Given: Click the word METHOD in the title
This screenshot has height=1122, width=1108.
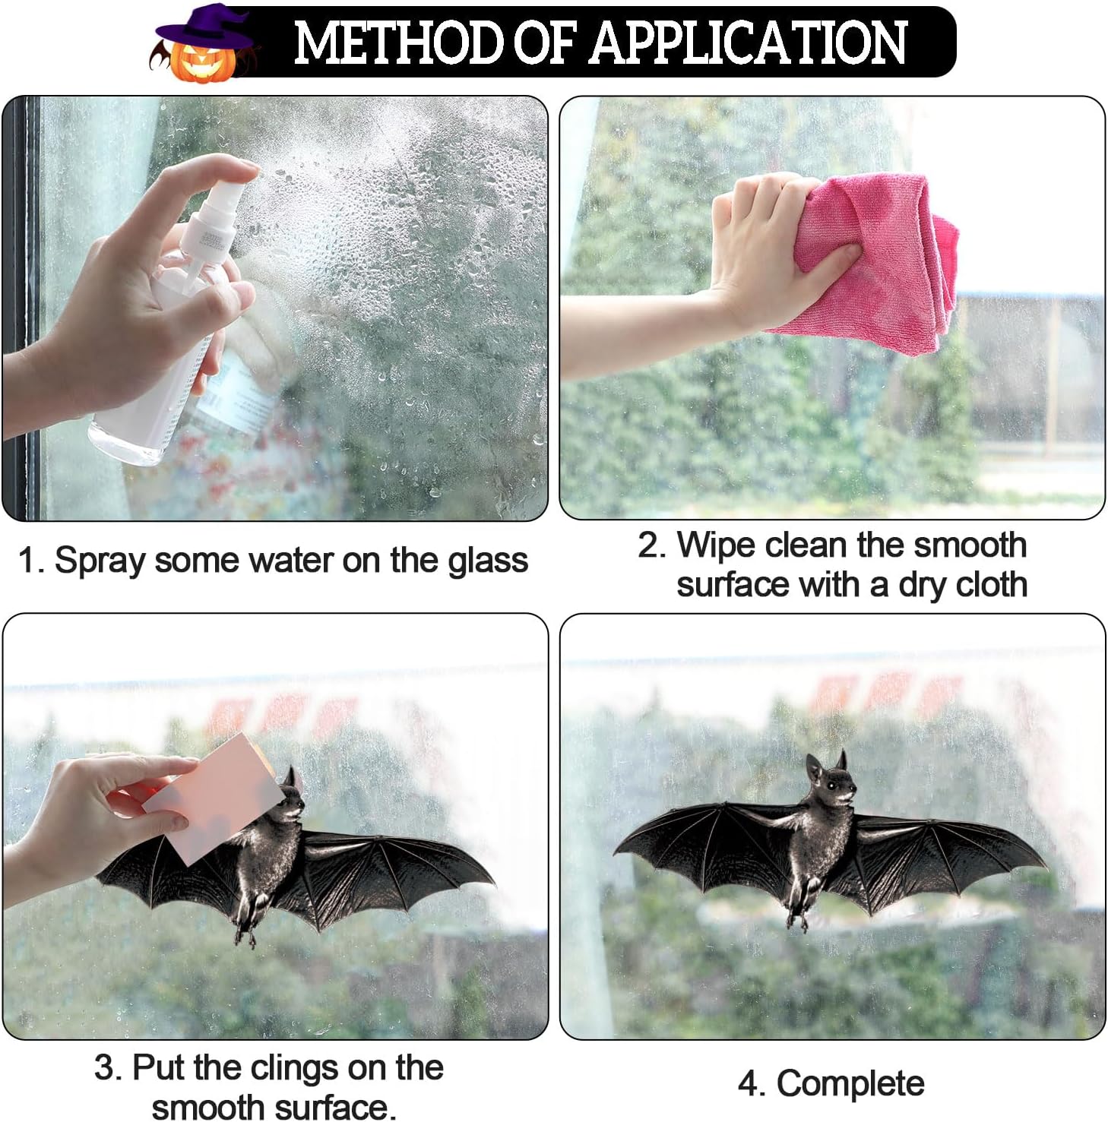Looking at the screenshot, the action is (399, 43).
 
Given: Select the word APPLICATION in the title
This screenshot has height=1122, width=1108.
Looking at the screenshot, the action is (748, 43).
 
